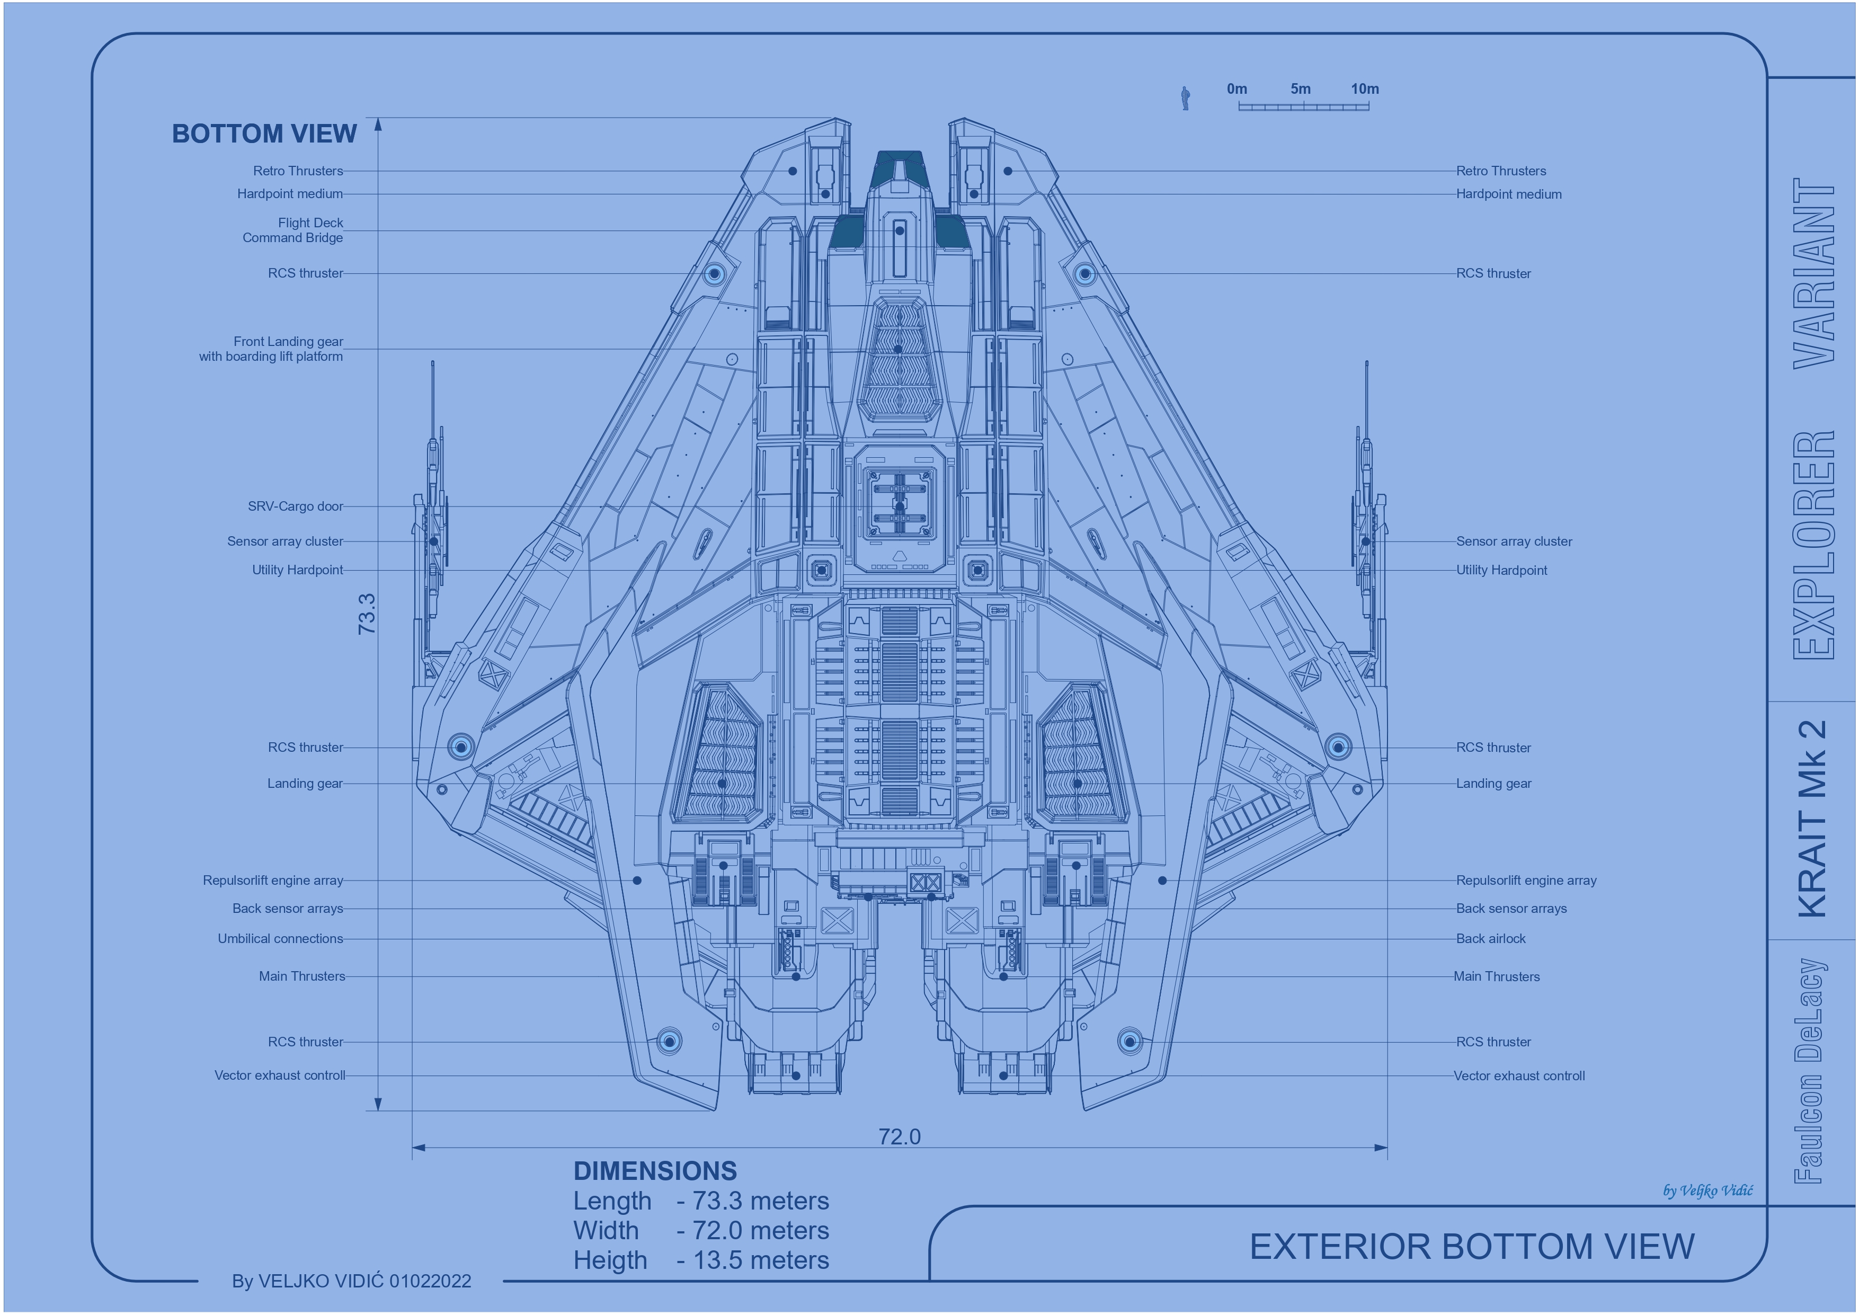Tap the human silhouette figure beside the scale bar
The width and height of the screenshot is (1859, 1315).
1185,98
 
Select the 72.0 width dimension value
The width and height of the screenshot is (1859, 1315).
900,1137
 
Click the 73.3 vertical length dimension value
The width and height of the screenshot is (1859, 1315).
367,613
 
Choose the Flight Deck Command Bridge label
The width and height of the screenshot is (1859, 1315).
293,230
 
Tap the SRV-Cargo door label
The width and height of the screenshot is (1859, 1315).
296,506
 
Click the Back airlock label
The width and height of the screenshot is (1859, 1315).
1491,938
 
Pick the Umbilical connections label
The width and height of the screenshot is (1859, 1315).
280,938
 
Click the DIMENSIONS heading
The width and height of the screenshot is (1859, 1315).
655,1171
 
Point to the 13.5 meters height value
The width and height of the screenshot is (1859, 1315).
761,1260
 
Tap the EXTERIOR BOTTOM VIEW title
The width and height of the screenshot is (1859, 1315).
1472,1246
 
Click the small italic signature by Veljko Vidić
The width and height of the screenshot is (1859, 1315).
1707,1190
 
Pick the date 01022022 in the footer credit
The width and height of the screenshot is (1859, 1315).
430,1281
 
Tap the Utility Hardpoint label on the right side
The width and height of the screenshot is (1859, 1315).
1501,570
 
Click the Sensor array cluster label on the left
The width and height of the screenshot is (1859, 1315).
285,541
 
